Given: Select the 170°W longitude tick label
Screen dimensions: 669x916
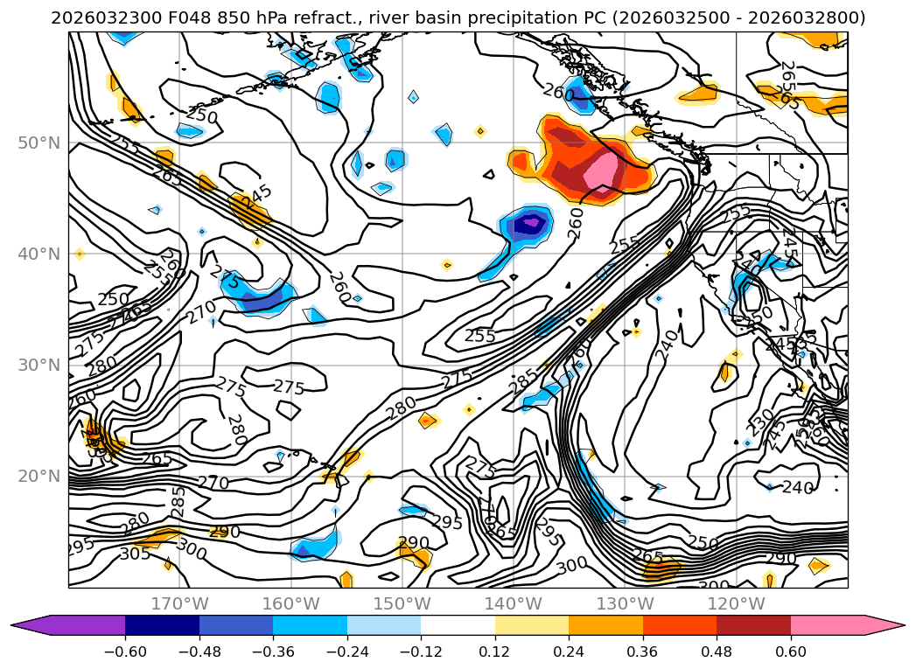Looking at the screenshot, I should tap(179, 603).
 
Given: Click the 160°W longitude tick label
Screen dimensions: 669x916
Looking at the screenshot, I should tap(290, 603).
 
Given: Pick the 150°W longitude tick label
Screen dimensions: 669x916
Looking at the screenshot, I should tap(402, 603).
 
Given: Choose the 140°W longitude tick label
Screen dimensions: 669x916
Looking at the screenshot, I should tap(513, 603).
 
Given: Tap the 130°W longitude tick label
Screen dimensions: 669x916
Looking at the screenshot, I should tap(624, 603).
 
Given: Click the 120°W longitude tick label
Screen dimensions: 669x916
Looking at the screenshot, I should tap(735, 603).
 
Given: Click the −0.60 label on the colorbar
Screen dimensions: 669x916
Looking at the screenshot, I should tap(125, 652).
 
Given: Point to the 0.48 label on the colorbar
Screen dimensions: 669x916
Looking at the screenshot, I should tap(717, 652).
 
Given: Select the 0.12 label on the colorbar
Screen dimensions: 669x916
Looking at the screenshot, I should tap(495, 652).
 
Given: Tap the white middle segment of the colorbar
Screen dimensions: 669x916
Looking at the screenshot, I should tap(458, 625).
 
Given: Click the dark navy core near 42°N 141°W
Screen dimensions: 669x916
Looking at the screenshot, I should tap(528, 224).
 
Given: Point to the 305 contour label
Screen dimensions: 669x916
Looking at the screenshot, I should tap(135, 553).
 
